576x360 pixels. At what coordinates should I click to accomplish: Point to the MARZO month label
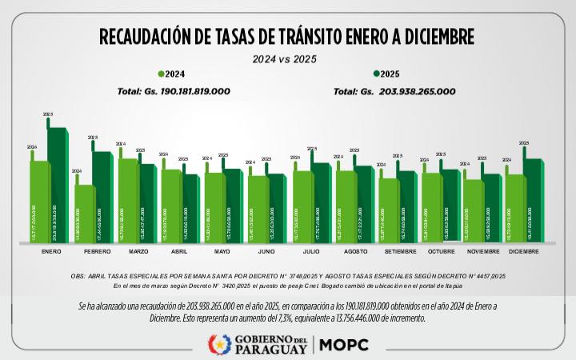[138, 251]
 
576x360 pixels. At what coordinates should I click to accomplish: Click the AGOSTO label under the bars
[355, 251]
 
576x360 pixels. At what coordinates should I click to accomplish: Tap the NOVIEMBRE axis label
[482, 251]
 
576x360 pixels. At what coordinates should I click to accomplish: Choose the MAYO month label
[222, 251]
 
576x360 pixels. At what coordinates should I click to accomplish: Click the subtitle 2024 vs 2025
[286, 59]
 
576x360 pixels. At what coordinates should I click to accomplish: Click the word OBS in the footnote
[78, 277]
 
